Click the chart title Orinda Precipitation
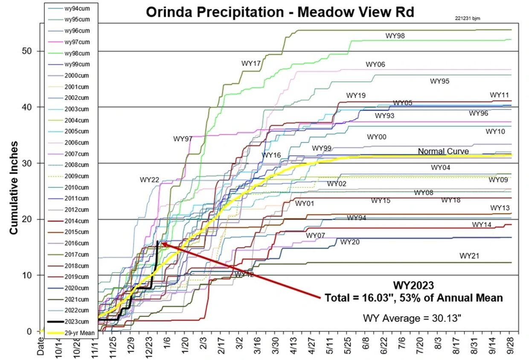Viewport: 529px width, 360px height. click(x=279, y=12)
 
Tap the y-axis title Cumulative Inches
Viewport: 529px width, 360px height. click(x=14, y=188)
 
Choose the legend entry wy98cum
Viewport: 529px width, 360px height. click(x=76, y=53)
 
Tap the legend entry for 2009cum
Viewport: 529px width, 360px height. click(x=76, y=176)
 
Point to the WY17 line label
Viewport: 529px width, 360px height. click(x=251, y=64)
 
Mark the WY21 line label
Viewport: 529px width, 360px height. click(x=470, y=256)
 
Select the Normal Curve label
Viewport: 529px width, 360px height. click(x=443, y=151)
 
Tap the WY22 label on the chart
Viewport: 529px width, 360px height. click(x=149, y=180)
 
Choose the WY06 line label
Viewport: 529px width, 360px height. click(x=375, y=64)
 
